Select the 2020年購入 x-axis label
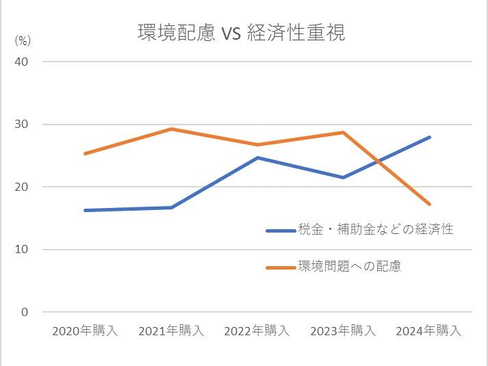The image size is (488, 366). pyautogui.click(x=86, y=330)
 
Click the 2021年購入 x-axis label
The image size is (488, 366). pyautogui.click(x=171, y=330)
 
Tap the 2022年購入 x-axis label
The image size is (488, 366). pyautogui.click(x=257, y=330)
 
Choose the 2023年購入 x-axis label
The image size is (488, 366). pyautogui.click(x=343, y=330)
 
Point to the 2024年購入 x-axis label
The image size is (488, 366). pyautogui.click(x=429, y=330)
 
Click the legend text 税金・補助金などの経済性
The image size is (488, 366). pyautogui.click(x=376, y=230)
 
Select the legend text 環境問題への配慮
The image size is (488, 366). pyautogui.click(x=350, y=266)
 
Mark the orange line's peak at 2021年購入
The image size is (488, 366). pyautogui.click(x=171, y=129)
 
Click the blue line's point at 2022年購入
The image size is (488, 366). pyautogui.click(x=257, y=157)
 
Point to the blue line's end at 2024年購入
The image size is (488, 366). pyautogui.click(x=429, y=137)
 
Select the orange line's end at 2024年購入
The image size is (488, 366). pyautogui.click(x=429, y=204)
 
